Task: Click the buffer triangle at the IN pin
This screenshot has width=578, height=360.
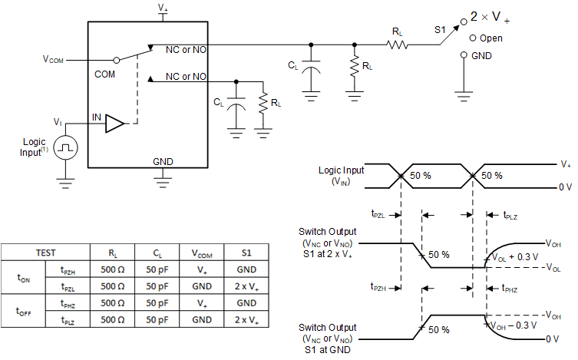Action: coord(114,123)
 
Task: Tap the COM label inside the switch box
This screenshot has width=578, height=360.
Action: coord(104,74)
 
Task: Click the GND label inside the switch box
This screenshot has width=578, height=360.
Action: coord(163,162)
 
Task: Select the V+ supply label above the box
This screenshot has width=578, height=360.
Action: coord(163,8)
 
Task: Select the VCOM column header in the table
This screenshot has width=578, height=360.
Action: coord(200,253)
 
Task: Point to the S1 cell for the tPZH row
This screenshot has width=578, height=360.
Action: coord(246,270)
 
